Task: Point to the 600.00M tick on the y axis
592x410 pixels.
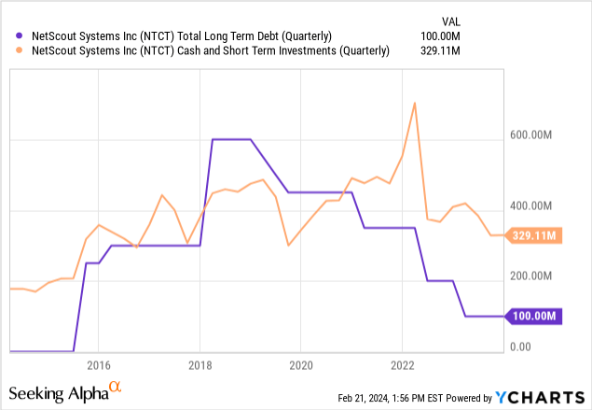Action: coord(531,136)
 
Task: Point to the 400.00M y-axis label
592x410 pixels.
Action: coord(531,206)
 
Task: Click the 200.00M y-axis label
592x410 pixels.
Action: coord(531,276)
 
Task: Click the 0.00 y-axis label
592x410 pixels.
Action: coord(521,346)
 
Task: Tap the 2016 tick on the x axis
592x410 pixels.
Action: coord(99,364)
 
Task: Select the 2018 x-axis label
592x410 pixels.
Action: coord(200,364)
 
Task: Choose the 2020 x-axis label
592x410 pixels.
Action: coord(301,364)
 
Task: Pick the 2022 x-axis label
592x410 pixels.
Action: coord(402,364)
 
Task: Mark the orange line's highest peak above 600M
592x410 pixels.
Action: coord(414,103)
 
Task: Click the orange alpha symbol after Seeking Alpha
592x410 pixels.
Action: coord(117,386)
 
